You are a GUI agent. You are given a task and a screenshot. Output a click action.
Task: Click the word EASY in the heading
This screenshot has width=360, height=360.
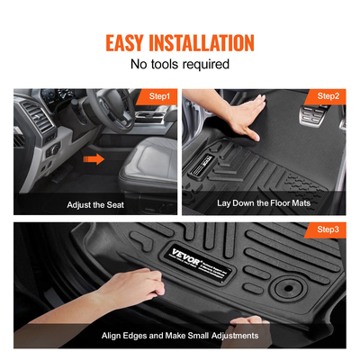(x=132, y=42)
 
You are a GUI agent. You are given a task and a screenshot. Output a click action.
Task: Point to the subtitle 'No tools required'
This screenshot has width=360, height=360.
(x=180, y=65)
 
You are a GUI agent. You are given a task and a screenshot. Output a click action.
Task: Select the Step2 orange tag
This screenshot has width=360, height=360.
(x=328, y=95)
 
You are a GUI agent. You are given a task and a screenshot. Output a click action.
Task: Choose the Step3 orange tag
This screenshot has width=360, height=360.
(x=328, y=230)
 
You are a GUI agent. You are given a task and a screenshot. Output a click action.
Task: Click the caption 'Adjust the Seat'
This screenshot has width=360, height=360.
(x=94, y=204)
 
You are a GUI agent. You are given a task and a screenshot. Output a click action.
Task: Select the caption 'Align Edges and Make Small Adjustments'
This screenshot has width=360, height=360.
(x=180, y=335)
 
